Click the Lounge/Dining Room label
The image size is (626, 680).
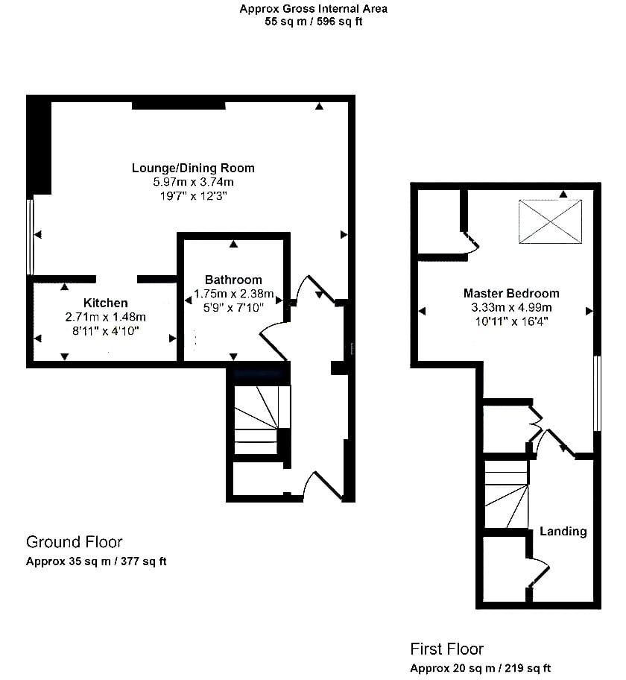point(193,168)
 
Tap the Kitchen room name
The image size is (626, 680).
point(105,303)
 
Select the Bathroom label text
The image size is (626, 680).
point(233,280)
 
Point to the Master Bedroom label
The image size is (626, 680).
point(511,293)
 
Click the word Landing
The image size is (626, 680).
point(563,531)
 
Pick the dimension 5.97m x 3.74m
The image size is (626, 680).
point(193,182)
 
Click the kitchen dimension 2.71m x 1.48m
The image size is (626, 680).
point(105,317)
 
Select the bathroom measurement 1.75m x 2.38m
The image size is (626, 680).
point(234,294)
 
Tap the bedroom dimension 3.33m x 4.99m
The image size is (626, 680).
point(511,307)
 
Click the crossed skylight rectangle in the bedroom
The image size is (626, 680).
point(550,221)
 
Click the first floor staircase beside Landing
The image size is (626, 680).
point(506,494)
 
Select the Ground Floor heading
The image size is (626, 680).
point(74,541)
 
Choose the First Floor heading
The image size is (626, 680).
point(447,649)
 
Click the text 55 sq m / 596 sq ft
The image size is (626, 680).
point(314,21)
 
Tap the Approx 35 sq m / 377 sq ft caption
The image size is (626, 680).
point(96,561)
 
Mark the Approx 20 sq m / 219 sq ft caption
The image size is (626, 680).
point(481,668)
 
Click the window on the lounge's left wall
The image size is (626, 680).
point(30,237)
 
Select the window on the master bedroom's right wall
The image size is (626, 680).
point(598,394)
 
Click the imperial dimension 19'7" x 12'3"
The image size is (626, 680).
point(193,196)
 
